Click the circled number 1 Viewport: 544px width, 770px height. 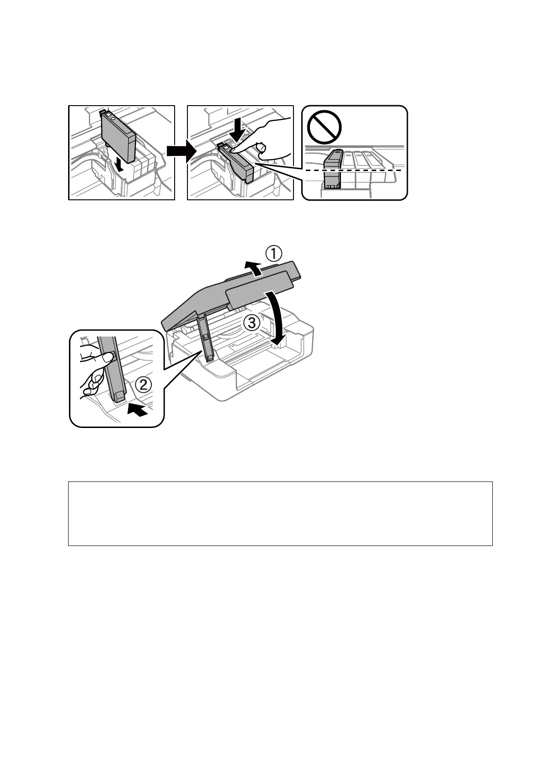275,253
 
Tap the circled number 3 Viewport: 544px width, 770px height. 252,324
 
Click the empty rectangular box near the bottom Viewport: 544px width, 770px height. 280,513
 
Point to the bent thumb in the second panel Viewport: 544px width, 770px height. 261,148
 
